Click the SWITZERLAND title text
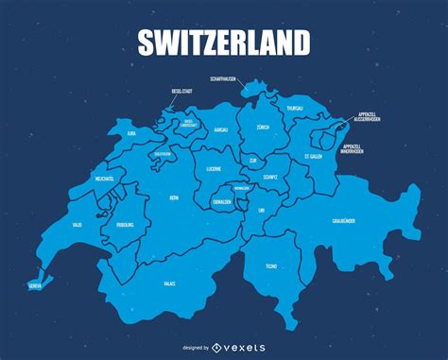(224, 42)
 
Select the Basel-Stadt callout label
(182, 92)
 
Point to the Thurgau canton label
(295, 109)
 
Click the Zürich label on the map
(263, 127)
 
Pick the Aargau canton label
(220, 127)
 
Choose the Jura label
(131, 134)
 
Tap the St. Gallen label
(313, 156)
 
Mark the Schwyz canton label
(270, 177)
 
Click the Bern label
(173, 197)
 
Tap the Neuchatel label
(105, 179)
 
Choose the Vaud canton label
(77, 224)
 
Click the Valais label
(169, 283)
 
